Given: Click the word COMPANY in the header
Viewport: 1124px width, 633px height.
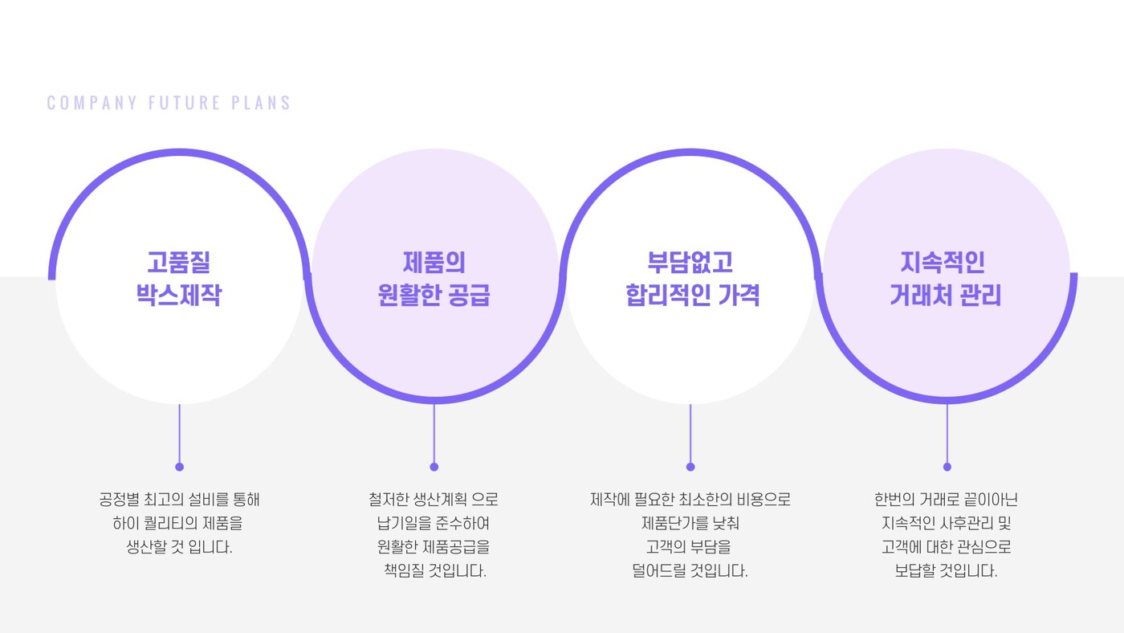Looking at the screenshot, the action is (92, 103).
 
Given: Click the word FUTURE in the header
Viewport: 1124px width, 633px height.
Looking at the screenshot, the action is (185, 103).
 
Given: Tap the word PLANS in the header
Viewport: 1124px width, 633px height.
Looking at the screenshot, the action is (261, 103).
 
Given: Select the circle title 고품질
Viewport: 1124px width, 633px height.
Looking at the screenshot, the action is (178, 262).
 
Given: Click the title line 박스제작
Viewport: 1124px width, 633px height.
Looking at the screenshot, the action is (178, 295).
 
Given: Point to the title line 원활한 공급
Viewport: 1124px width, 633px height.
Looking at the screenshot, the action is (434, 295).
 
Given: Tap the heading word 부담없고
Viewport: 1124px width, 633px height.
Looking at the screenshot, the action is (690, 262).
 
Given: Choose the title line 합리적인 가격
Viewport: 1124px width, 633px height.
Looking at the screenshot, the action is (692, 295).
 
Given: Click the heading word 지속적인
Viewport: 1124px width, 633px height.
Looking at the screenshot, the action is (943, 262).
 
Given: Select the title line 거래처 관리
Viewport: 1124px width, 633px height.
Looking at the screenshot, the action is (946, 295).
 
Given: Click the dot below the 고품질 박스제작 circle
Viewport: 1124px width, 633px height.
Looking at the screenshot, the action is (180, 467).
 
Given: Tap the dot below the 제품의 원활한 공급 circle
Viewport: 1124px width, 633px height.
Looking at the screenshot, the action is (434, 467).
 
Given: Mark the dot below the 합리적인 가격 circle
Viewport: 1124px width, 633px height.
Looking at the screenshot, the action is (690, 467).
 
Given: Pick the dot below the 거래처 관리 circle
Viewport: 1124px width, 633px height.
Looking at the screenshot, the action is (947, 467).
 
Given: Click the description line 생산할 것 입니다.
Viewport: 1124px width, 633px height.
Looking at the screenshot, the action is (179, 547).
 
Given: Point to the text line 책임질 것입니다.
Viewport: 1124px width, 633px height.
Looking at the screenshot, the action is (435, 571).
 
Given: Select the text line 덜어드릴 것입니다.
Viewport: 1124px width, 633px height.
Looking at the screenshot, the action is (690, 571).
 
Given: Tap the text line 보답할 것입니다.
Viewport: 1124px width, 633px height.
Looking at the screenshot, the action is (946, 571).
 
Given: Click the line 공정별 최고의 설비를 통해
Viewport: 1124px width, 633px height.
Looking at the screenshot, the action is (179, 500).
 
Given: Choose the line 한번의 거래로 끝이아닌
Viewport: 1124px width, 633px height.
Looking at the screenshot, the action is (946, 500).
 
